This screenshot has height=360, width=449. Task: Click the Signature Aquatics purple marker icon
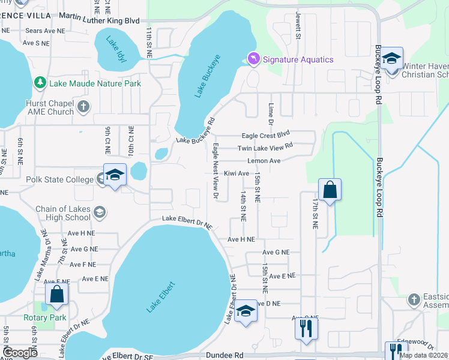[253, 58]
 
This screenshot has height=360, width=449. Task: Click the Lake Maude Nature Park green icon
[40, 82]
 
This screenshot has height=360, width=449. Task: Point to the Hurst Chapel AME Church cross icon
[83, 107]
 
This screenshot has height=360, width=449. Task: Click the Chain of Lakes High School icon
[100, 212]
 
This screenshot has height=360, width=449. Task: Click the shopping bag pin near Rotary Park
[57, 294]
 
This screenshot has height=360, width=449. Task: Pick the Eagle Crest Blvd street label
[265, 136]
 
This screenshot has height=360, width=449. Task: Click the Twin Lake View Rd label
[265, 147]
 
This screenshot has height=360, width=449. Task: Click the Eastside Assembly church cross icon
[414, 299]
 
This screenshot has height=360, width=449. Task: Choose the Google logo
[20, 353]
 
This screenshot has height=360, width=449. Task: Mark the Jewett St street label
[298, 26]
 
